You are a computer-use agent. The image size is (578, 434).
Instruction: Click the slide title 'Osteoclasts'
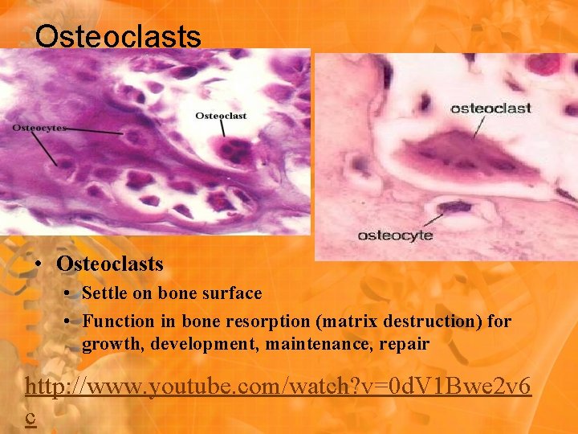[118, 36]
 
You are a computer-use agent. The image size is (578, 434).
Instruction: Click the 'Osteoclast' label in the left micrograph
[221, 116]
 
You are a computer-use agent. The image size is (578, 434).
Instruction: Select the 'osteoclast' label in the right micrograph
[490, 108]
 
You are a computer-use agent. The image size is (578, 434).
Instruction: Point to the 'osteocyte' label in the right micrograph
[395, 235]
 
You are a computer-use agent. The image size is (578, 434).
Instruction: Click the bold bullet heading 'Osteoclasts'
[110, 264]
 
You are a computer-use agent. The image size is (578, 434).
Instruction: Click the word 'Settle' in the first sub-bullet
[105, 293]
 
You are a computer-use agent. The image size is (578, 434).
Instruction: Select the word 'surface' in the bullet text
[231, 293]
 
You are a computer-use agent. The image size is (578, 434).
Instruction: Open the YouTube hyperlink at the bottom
[277, 387]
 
